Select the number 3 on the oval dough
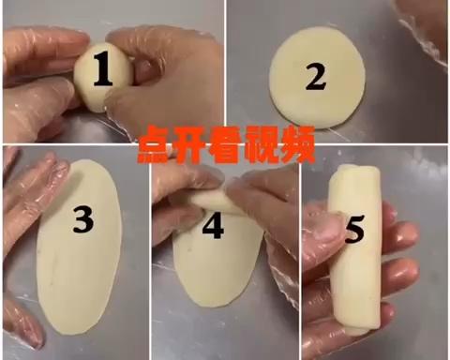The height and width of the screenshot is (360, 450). [83, 221]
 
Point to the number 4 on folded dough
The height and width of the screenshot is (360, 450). [215, 227]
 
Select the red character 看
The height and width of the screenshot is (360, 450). [224, 145]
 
